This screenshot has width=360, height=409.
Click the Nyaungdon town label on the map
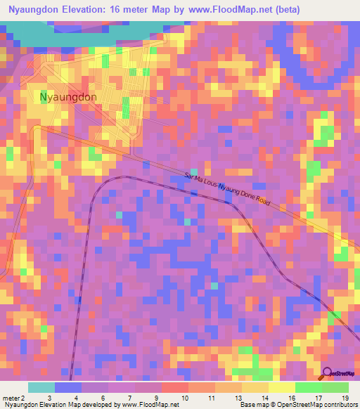[68, 97]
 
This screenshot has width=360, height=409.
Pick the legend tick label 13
[239, 397]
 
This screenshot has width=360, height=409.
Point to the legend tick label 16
[292, 397]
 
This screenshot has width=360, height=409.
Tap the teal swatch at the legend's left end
[41, 387]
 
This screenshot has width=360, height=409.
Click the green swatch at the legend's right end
[335, 387]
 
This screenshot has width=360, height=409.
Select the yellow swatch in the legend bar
[281, 387]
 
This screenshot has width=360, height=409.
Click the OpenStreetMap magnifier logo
[327, 373]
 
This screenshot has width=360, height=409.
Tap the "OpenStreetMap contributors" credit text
[319, 405]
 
